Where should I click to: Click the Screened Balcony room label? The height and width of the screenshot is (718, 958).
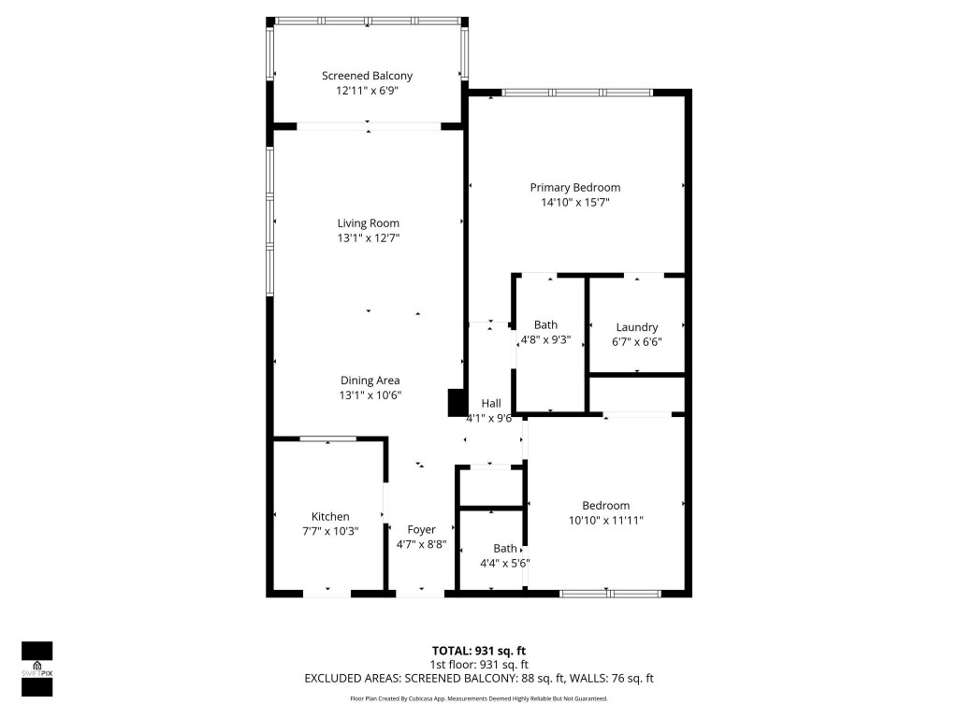point(367,76)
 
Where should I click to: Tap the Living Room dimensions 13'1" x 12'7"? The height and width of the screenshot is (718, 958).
point(368,238)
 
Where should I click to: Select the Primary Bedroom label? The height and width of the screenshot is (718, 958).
point(574,187)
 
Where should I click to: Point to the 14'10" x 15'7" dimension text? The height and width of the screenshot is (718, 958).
point(574,202)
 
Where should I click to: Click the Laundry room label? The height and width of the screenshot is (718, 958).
point(636,327)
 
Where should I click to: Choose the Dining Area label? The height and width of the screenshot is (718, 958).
point(369,380)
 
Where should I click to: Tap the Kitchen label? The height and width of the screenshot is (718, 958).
point(330,516)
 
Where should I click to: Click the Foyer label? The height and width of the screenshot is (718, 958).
point(421,529)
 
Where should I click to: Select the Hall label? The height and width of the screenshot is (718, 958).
point(490,403)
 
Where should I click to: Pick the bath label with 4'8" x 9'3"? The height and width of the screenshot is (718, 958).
point(545,324)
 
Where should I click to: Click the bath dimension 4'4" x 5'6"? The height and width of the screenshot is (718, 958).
point(505,564)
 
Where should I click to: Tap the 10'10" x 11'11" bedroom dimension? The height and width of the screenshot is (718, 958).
point(605,521)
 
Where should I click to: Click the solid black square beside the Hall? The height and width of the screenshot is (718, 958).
point(457,403)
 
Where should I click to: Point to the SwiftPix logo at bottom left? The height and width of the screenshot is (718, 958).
point(36,668)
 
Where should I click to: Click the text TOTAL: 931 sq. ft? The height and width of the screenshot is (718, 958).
point(478,651)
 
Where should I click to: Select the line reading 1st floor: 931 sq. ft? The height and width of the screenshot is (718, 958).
point(478,665)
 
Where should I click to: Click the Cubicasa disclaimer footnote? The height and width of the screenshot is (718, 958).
point(478,698)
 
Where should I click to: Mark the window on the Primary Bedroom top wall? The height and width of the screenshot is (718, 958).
point(576,93)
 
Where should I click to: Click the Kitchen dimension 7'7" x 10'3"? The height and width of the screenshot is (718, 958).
point(330,531)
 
